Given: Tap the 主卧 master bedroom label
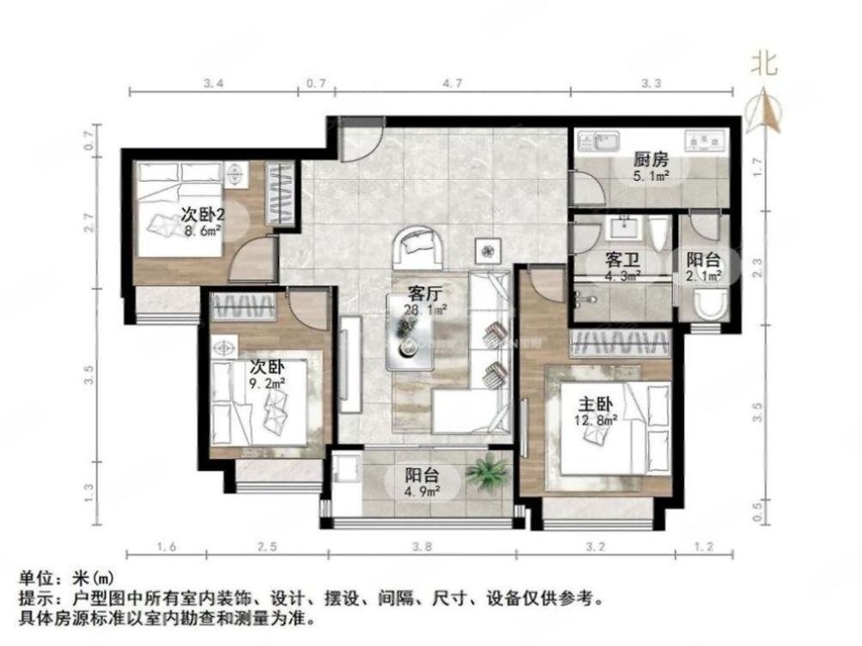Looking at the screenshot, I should pyautogui.click(x=592, y=401).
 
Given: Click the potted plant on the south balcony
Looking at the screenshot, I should pyautogui.click(x=488, y=473).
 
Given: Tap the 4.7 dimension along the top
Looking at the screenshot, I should pyautogui.click(x=452, y=83).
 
